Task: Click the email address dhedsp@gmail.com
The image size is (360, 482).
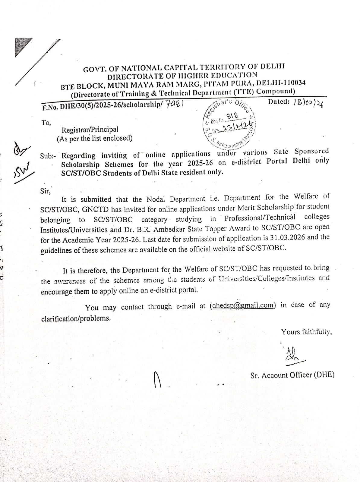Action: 242,305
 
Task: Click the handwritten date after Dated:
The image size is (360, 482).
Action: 307,102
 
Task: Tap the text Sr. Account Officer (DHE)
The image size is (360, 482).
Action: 292,375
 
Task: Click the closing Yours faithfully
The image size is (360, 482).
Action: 307,332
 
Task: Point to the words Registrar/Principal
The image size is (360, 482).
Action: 90,130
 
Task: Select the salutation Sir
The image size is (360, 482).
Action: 46,191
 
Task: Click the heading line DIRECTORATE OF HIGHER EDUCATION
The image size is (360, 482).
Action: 182,75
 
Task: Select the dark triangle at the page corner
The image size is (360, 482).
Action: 21,47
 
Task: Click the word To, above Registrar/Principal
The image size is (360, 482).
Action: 46,123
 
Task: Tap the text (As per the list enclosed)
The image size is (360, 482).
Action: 95,139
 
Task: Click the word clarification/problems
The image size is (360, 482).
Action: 76,318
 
